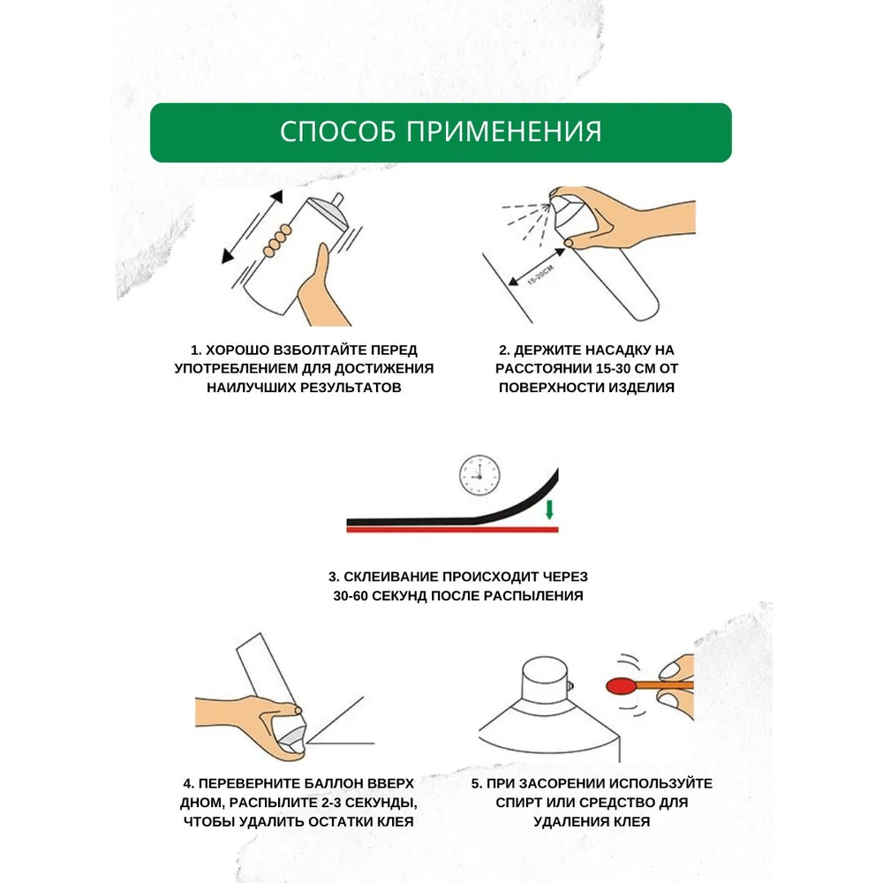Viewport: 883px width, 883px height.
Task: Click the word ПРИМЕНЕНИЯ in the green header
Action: [x=504, y=132]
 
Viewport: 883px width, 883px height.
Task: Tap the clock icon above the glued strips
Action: [x=479, y=475]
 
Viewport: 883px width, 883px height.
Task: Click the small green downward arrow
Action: [x=549, y=509]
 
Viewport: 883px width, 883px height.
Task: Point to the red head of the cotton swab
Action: [x=621, y=686]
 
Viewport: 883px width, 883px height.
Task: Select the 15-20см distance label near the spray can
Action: [x=540, y=275]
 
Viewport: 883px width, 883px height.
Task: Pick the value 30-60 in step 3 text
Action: [x=351, y=596]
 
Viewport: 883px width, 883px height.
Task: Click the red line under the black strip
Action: [x=452, y=529]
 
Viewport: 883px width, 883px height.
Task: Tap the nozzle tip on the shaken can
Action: [x=337, y=200]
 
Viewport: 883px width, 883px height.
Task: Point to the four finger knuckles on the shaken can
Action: [x=277, y=240]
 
